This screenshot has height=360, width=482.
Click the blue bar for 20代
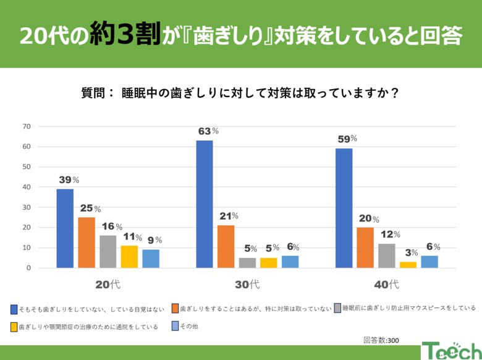[65, 228]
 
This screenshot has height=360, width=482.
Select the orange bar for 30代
[226, 246]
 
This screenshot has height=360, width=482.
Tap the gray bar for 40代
[386, 255]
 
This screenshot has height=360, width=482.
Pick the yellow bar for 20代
[129, 257]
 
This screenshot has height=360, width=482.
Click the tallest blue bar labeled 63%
[205, 204]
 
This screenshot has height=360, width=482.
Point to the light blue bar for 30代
[290, 262]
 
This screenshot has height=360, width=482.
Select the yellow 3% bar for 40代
[408, 265]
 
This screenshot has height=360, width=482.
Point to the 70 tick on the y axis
[26, 126]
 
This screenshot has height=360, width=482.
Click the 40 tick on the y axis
[26, 187]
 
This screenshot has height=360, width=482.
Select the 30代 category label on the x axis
[247, 285]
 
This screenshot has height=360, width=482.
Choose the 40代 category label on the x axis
[386, 285]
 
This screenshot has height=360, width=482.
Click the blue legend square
[14, 308]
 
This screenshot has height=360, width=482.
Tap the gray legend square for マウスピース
[337, 307]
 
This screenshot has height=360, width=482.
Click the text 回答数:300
[381, 340]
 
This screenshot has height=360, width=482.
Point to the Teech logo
[450, 351]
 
